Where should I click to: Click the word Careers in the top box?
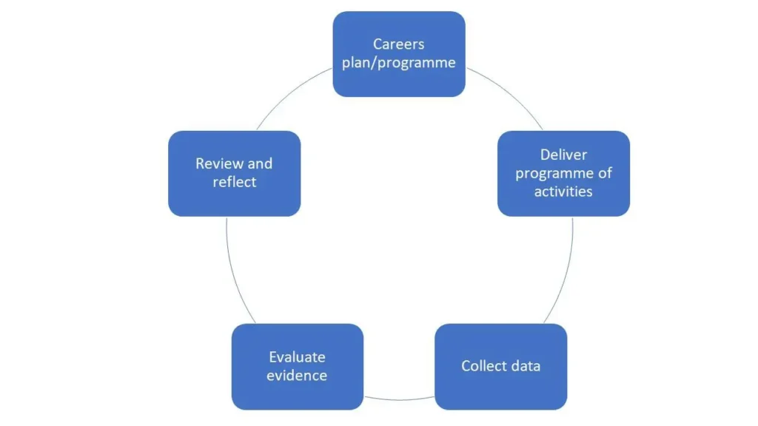[398, 44]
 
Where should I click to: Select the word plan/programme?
[398, 63]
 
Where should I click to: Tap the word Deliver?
[563, 155]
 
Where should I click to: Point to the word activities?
[563, 192]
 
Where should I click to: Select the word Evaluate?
[297, 357]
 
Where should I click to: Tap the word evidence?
[297, 376]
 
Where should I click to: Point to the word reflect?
[234, 182]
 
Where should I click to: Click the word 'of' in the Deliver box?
[604, 173]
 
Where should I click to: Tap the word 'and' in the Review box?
[260, 163]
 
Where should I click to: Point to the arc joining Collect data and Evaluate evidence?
[399, 400]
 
